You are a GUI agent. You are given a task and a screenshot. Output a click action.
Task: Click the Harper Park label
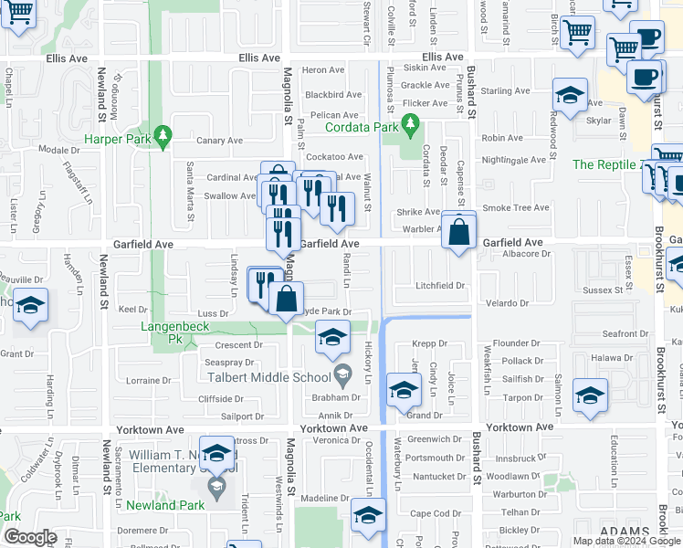click(x=116, y=140)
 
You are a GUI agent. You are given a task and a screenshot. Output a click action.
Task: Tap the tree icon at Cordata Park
click(x=410, y=124)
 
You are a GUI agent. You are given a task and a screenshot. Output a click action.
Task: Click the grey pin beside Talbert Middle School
click(x=342, y=373)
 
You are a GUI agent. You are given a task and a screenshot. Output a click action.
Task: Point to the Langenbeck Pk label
click(x=174, y=325)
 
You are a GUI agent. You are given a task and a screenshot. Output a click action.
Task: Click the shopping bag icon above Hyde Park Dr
click(x=287, y=298)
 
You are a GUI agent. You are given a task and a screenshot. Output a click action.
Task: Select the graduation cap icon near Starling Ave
click(x=569, y=94)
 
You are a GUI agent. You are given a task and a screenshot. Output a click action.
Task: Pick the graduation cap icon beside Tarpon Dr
click(x=590, y=396)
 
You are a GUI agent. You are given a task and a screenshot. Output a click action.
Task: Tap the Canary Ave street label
click(x=220, y=141)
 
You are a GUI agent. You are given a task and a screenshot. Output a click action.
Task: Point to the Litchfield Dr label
click(x=441, y=286)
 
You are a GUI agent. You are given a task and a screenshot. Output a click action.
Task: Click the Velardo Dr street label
click(x=508, y=303)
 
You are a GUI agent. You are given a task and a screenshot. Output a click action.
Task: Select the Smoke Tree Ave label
click(x=516, y=207)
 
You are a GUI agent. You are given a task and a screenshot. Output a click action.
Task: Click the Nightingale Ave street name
click(x=513, y=160)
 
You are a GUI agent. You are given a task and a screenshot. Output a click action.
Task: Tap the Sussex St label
click(x=602, y=290)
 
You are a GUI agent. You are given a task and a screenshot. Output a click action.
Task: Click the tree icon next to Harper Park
click(x=163, y=135)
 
